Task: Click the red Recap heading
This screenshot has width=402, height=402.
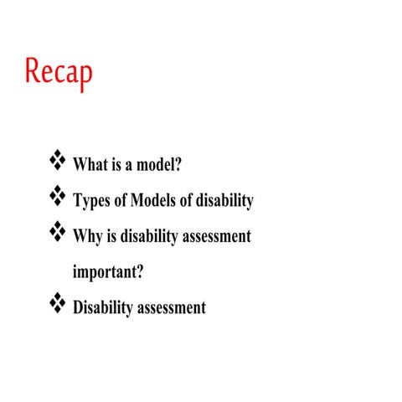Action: (59, 72)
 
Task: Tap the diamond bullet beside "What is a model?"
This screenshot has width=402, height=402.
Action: (58, 158)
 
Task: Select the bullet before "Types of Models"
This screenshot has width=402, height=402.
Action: (58, 195)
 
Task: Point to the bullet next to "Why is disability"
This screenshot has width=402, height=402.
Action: (58, 230)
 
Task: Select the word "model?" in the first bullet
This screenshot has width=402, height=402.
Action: (159, 165)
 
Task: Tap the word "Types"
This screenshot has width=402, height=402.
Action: (91, 202)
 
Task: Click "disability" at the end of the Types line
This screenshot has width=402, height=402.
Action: (224, 201)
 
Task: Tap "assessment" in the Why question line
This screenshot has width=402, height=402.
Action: (219, 237)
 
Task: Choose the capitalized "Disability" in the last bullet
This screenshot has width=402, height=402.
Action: (103, 308)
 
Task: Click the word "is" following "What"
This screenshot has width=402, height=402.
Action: (115, 165)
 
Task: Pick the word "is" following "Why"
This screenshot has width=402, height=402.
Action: (113, 237)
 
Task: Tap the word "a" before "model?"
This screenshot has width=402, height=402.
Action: (128, 165)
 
